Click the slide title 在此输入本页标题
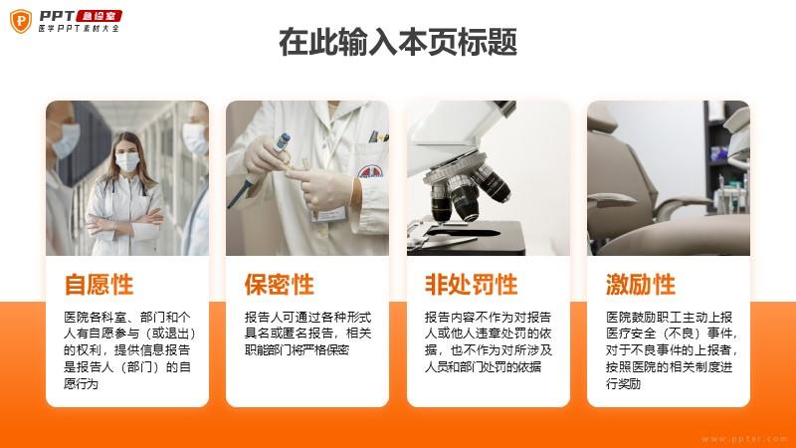click(398, 42)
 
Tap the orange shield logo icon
click(21, 21)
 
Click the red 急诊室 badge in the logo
click(99, 16)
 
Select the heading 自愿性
click(99, 285)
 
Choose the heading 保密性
click(280, 285)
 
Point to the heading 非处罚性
click(471, 285)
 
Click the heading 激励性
click(641, 285)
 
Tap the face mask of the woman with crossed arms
click(127, 162)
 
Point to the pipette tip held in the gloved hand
click(282, 141)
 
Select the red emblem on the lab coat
click(370, 171)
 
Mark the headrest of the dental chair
click(601, 117)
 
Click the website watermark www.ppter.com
click(744, 439)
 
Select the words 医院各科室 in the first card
click(90, 318)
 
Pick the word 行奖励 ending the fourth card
click(624, 383)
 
